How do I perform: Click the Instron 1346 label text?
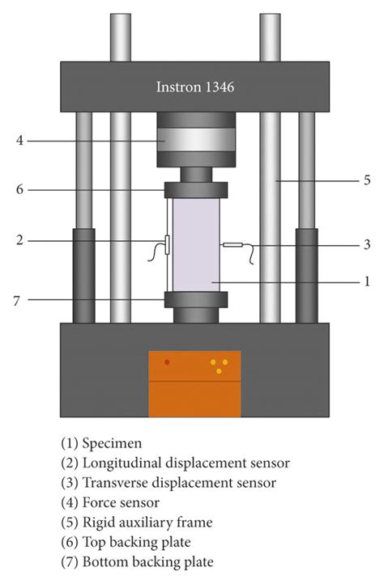pos(194,87)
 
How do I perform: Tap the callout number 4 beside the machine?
pos(19,140)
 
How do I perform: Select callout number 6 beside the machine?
pos(19,189)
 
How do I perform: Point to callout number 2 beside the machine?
pos(19,241)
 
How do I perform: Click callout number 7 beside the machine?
pos(19,300)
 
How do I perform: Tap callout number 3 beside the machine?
pos(365,244)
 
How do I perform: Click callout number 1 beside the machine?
pos(365,281)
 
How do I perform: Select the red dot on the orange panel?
pos(167,362)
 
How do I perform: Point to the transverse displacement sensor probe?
pos(233,245)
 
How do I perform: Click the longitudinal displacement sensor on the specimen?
pos(167,244)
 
